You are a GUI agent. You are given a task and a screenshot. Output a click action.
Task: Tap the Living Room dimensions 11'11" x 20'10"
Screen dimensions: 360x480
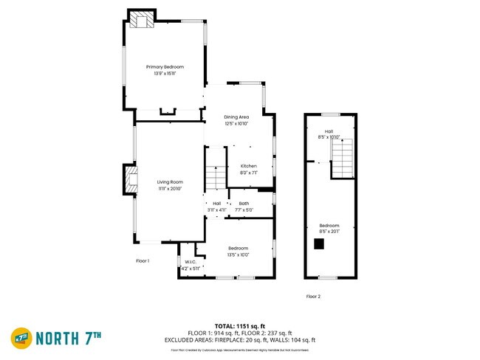click(x=169, y=189)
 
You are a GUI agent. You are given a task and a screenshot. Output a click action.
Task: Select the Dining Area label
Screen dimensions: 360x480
click(x=236, y=117)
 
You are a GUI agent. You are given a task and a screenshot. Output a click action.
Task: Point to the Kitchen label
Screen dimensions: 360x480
click(x=249, y=166)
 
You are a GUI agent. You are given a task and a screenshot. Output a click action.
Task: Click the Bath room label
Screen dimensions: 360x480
click(x=244, y=203)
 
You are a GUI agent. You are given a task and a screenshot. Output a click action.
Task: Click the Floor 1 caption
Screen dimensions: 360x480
click(x=143, y=260)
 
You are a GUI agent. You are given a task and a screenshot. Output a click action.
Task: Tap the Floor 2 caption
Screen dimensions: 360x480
click(x=313, y=297)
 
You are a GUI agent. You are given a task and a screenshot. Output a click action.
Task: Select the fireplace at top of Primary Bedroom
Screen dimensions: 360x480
click(x=142, y=21)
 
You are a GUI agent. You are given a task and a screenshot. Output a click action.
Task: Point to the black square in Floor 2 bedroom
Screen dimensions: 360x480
click(x=319, y=243)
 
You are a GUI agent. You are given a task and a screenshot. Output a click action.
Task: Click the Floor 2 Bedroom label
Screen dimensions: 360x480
click(x=329, y=225)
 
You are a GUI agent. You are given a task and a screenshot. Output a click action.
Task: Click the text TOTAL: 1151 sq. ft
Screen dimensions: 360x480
click(x=240, y=325)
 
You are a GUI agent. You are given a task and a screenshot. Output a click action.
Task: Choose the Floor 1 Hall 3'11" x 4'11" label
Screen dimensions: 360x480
click(x=216, y=207)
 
